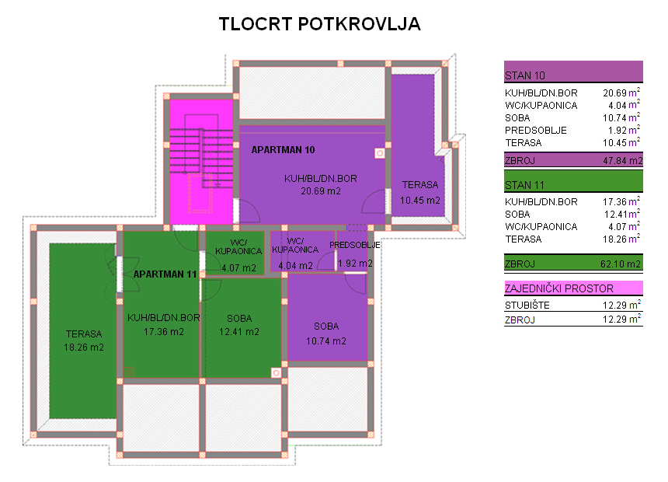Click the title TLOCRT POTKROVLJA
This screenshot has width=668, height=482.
pyautogui.click(x=319, y=24)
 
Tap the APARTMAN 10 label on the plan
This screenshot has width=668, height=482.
pyautogui.click(x=283, y=150)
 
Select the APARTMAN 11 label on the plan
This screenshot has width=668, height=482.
pyautogui.click(x=165, y=274)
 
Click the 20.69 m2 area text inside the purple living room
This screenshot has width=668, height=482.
pyautogui.click(x=321, y=191)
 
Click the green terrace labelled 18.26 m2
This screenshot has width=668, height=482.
pyautogui.click(x=83, y=330)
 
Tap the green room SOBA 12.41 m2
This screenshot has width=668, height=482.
pyautogui.click(x=241, y=327)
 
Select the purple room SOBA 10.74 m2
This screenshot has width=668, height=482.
pyautogui.click(x=327, y=318)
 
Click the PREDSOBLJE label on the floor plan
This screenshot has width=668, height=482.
pyautogui.click(x=354, y=245)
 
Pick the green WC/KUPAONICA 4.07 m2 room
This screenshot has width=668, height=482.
pyautogui.click(x=235, y=253)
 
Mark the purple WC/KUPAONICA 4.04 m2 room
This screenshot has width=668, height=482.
pyautogui.click(x=302, y=251)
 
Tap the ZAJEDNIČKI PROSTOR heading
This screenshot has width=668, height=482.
pyautogui.click(x=559, y=288)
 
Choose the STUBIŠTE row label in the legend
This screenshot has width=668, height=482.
pyautogui.click(x=527, y=306)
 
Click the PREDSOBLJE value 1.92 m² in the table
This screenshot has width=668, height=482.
pyautogui.click(x=622, y=130)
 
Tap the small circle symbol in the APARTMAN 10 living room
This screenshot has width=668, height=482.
pyautogui.click(x=380, y=153)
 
